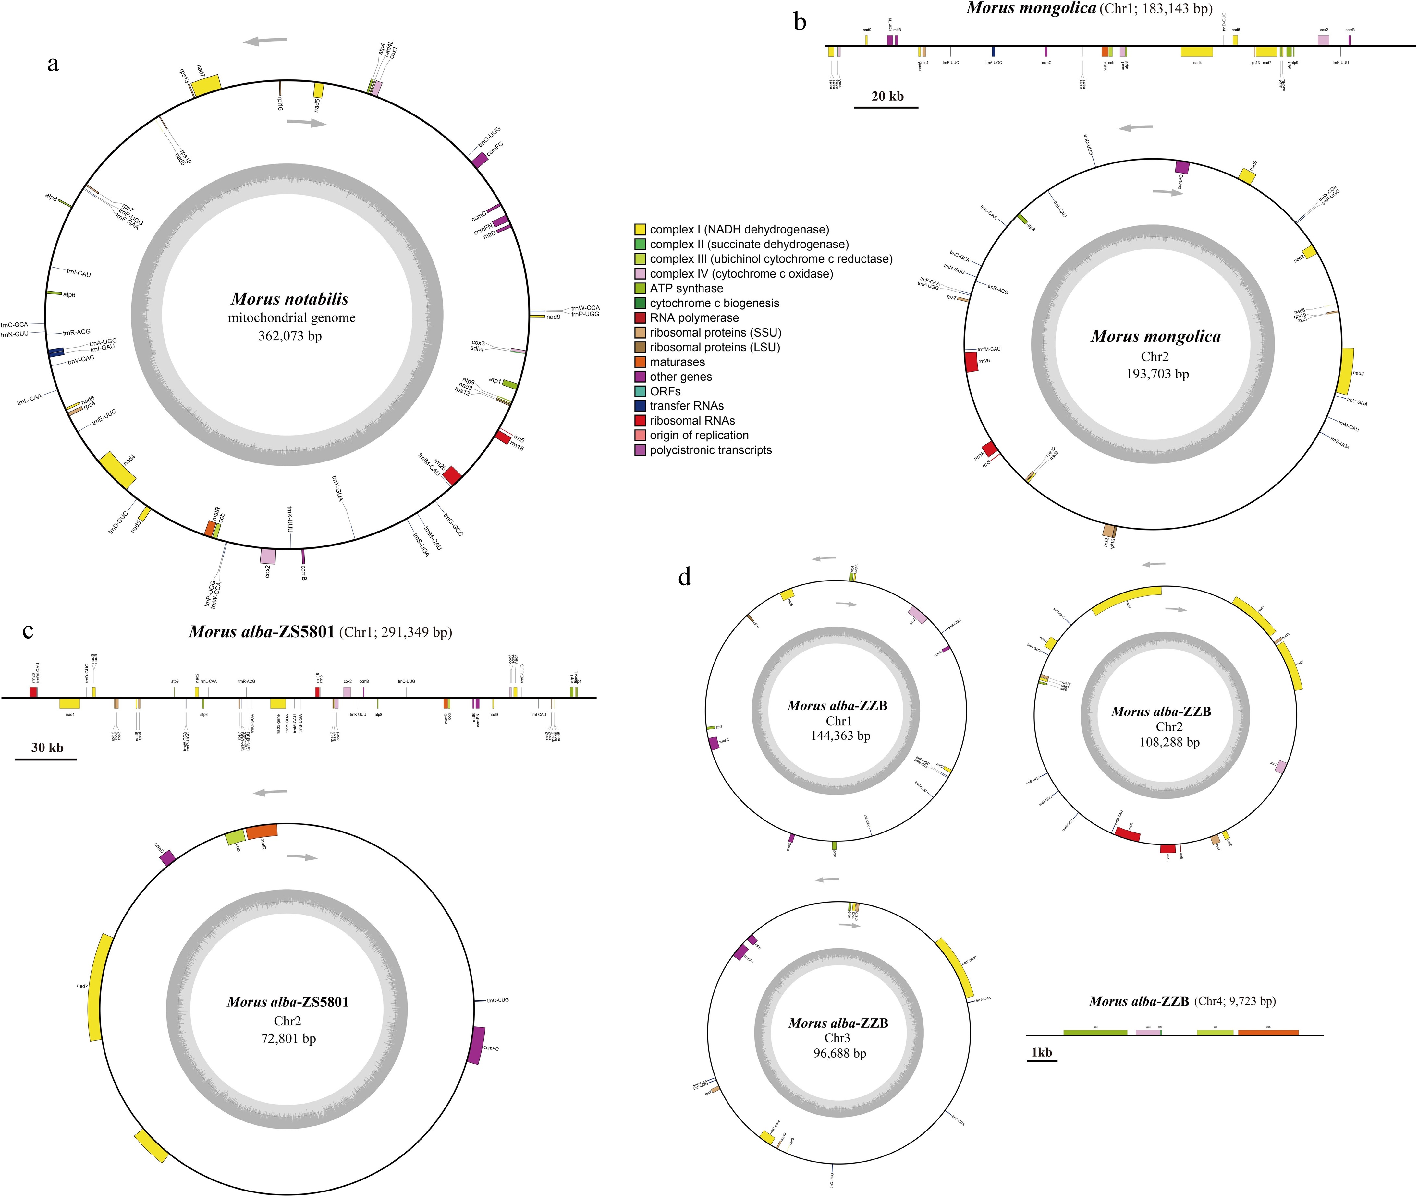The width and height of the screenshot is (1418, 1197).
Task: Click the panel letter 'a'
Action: pos(53,65)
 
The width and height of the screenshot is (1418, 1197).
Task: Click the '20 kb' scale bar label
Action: pos(887,96)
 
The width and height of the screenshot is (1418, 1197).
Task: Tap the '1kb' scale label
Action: pos(1041,1052)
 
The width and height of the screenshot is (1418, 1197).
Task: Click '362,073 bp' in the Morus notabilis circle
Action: pos(290,336)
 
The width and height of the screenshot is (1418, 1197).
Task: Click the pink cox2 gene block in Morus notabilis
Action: pos(268,556)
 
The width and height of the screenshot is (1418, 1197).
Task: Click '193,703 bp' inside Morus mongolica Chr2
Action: pos(1157,374)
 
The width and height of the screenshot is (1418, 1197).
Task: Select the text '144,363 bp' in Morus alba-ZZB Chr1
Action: pos(840,736)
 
